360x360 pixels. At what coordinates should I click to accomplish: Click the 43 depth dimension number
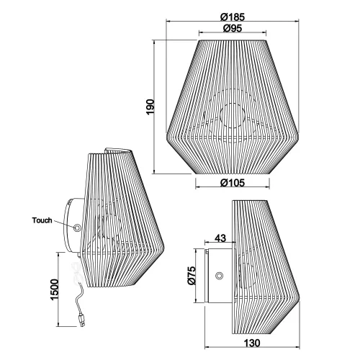click(x=220, y=238)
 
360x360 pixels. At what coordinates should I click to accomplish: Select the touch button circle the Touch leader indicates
click(x=77, y=228)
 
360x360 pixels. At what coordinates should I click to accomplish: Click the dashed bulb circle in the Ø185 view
click(x=232, y=115)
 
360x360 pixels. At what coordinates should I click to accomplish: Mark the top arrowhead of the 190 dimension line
click(x=158, y=42)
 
